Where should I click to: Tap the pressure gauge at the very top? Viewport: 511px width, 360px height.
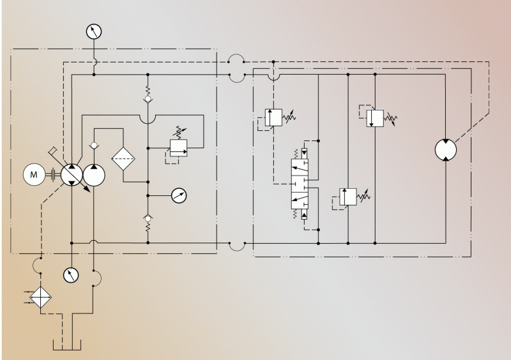94,31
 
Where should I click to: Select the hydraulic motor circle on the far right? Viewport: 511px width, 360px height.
446,149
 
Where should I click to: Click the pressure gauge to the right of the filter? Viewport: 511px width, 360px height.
179,195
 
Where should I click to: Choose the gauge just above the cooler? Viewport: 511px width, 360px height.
70,275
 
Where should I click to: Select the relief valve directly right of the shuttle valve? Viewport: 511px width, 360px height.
347,197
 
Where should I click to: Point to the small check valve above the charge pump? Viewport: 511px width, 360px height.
94,146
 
